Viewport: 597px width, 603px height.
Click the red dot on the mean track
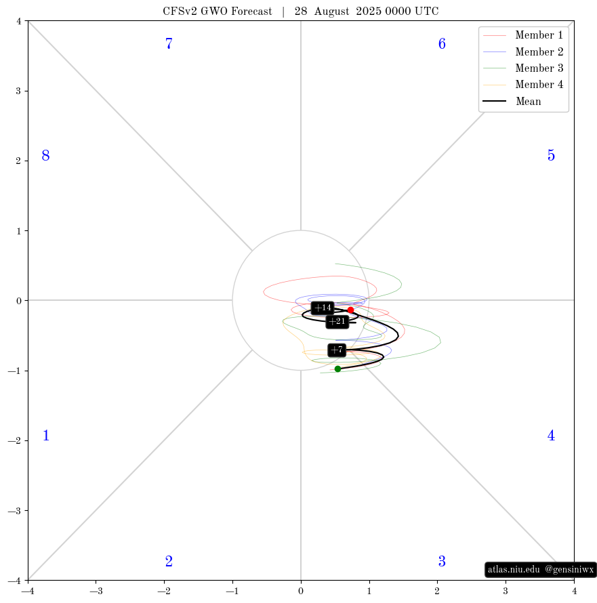coord(350,310)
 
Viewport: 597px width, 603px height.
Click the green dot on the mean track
coord(337,369)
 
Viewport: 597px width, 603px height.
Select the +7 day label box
coord(337,350)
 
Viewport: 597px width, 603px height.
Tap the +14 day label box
coord(323,308)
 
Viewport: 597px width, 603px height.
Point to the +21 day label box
coord(337,321)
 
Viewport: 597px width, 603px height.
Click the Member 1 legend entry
coord(523,35)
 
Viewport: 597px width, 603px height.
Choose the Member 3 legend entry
coord(523,68)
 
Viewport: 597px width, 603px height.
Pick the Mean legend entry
coord(512,101)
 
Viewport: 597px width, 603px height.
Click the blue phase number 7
coord(169,43)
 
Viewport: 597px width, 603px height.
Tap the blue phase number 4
coord(551,436)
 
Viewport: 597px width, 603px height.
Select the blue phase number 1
coord(46,436)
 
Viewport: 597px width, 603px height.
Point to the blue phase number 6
coord(442,43)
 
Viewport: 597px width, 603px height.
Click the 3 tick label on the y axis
coord(18,91)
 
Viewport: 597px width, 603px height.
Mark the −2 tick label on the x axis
coord(164,591)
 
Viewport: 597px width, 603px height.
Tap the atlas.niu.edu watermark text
coord(514,569)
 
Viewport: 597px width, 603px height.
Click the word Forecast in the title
coord(251,11)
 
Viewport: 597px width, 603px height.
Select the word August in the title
coord(331,12)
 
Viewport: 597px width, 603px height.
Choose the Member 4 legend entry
coord(523,85)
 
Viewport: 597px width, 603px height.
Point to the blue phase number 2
coord(169,562)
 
